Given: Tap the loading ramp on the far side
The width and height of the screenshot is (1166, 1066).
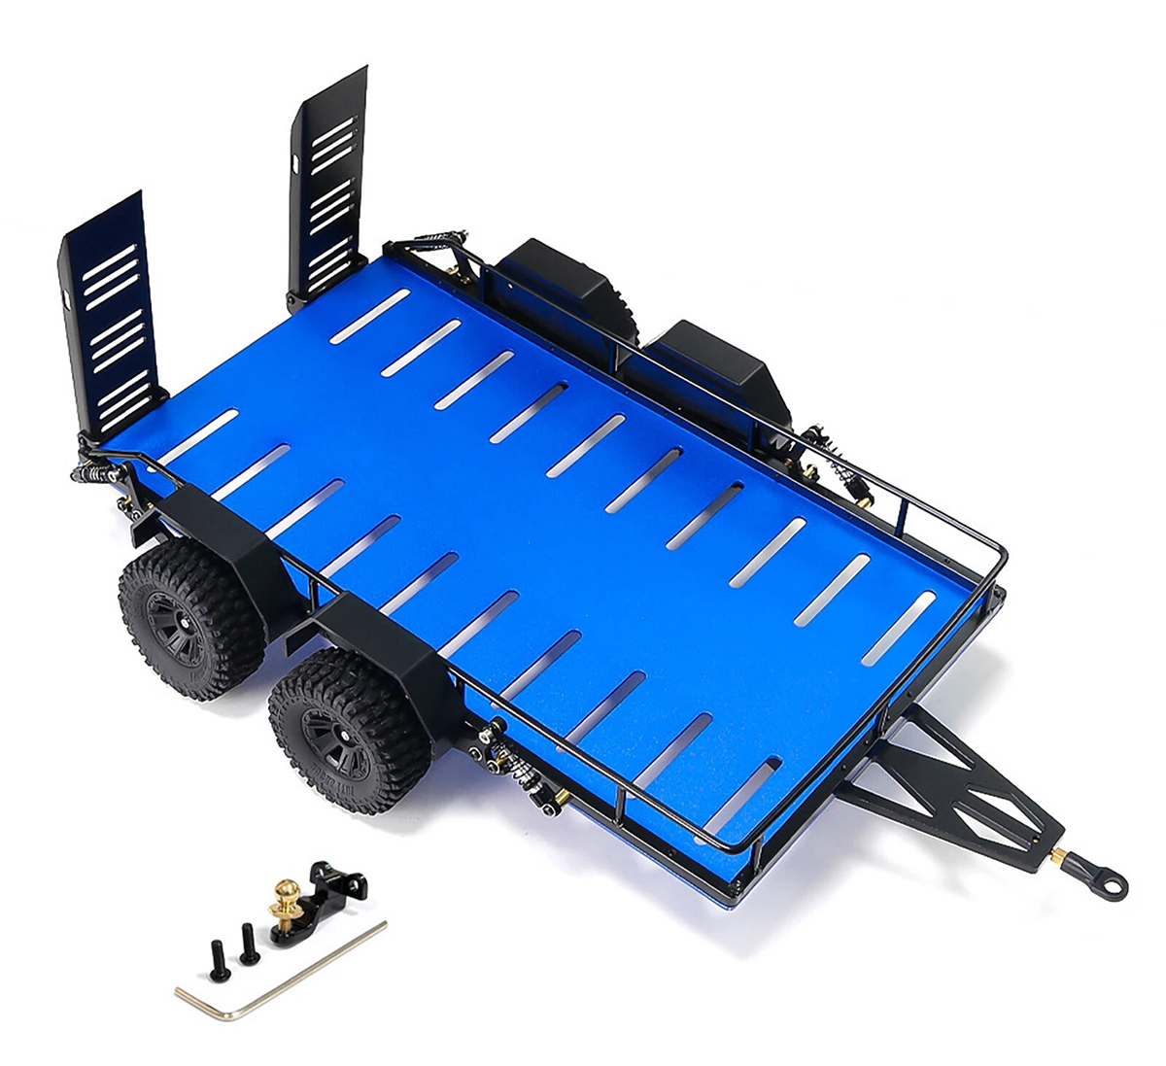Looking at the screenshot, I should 326,185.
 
